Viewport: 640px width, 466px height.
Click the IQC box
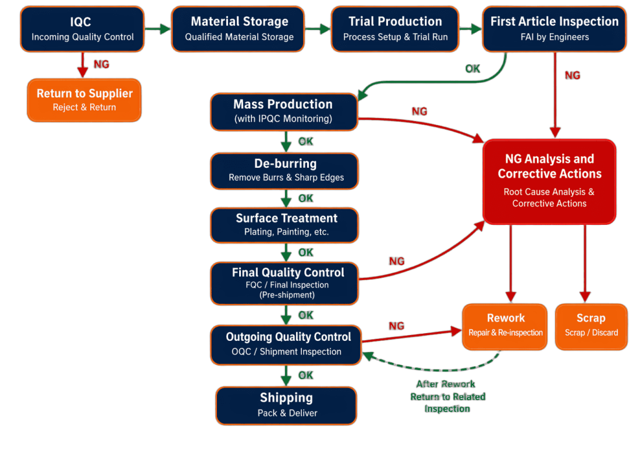82,29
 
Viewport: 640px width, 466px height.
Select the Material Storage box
238,29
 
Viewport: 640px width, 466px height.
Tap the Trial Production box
395,29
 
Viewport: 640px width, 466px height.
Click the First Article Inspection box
554,29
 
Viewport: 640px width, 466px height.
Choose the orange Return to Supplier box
84,100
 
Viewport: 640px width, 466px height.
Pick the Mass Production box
283,111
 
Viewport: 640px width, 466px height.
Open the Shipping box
286,405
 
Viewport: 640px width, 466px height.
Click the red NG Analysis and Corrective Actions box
549,181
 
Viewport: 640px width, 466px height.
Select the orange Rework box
505,326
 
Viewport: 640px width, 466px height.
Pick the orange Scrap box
591,326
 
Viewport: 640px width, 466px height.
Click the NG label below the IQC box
101,64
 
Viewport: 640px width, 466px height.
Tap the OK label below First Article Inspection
472,69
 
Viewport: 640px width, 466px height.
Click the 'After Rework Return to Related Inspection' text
447,397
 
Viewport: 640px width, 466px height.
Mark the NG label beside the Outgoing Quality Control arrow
396,326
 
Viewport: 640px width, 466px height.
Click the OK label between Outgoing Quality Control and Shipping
306,375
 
